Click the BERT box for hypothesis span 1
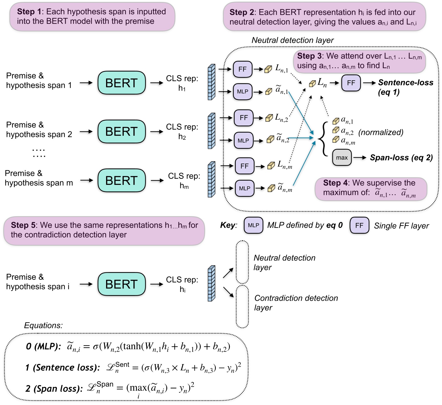coord(121,83)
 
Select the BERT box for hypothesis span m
coord(121,181)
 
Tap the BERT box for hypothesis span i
coord(121,284)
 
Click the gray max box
coord(342,158)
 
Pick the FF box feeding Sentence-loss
coord(351,83)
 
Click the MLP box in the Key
coord(253,226)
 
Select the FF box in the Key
coord(359,226)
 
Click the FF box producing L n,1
coord(243,69)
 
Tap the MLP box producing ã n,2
coord(243,141)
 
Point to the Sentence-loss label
coord(406,83)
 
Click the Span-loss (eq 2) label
coord(401,158)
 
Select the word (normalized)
coord(381,132)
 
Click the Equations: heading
coord(43,325)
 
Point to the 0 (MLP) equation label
coord(43,346)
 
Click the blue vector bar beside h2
coord(211,131)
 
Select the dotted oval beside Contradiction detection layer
coord(242,307)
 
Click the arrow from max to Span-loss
coord(360,158)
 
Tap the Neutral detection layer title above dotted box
coord(292,40)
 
